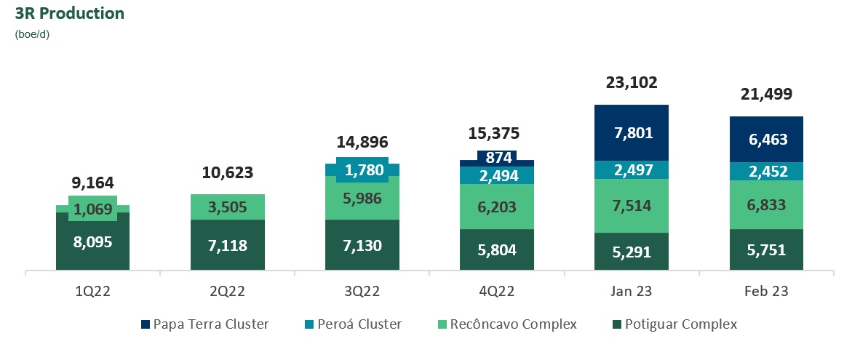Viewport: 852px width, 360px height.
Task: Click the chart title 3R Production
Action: click(x=70, y=13)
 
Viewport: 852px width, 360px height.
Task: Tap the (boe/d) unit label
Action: click(x=32, y=33)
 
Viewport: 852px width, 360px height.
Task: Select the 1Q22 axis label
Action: click(x=92, y=291)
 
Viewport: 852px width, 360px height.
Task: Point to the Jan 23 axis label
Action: click(x=631, y=291)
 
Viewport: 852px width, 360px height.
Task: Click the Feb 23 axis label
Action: click(x=766, y=291)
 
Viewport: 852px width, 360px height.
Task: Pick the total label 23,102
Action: click(x=631, y=82)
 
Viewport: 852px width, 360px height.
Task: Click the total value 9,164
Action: click(x=92, y=183)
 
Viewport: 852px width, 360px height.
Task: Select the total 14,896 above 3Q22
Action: click(x=362, y=142)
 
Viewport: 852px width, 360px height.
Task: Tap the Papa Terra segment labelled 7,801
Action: click(x=631, y=133)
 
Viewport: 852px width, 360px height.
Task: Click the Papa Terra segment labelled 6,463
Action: click(x=766, y=140)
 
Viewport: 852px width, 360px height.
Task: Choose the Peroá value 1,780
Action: click(x=362, y=170)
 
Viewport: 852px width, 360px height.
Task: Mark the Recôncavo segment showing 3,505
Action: click(x=227, y=207)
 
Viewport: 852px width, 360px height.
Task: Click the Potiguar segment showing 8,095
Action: click(x=92, y=243)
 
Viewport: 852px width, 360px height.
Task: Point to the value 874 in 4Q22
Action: click(x=497, y=156)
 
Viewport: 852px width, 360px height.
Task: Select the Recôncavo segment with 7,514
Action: click(x=631, y=206)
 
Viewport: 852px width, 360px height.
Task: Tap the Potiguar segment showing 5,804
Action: click(x=497, y=250)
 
